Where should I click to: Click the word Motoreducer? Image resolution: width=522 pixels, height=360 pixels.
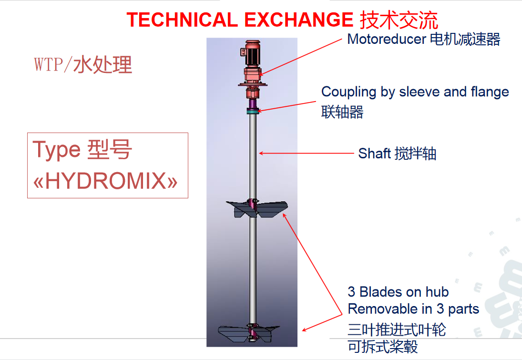pos(387,39)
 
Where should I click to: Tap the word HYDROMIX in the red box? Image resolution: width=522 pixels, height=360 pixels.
pos(105,181)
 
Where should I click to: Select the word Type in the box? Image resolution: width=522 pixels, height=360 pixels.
pos(57,150)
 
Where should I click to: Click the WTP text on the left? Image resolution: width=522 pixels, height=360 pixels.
pos(48,64)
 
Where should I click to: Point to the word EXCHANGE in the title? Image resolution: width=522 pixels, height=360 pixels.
pos(298,20)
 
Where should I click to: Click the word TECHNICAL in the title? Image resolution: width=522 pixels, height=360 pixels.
pos(182,20)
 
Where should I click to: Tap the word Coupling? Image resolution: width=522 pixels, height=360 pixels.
pos(348,92)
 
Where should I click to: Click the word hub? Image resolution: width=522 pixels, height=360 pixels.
pos(437,292)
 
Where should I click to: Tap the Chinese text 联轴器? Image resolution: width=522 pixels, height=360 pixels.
pos(342,112)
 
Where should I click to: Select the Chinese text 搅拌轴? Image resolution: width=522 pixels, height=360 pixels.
pos(415,154)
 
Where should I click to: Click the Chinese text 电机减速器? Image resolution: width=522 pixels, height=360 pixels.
pos(465,39)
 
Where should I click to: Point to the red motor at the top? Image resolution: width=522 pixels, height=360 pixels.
pos(252,53)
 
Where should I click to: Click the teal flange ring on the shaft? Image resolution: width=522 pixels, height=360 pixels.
pos(253,112)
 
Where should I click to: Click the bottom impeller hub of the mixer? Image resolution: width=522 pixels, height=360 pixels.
pos(253,332)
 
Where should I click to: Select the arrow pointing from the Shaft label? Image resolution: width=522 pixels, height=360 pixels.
pos(306,153)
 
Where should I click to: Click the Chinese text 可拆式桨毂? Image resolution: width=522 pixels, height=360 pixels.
pos(383,347)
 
